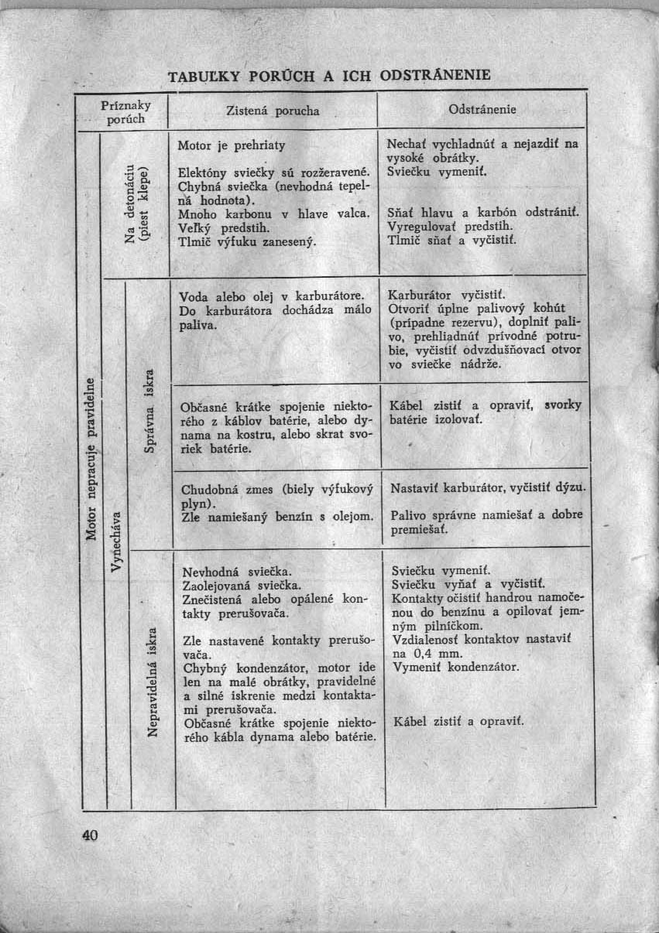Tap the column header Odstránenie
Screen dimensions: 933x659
(482, 110)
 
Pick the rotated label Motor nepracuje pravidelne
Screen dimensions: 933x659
(91, 456)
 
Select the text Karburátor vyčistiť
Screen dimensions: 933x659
(447, 295)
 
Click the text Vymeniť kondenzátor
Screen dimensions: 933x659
(455, 666)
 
